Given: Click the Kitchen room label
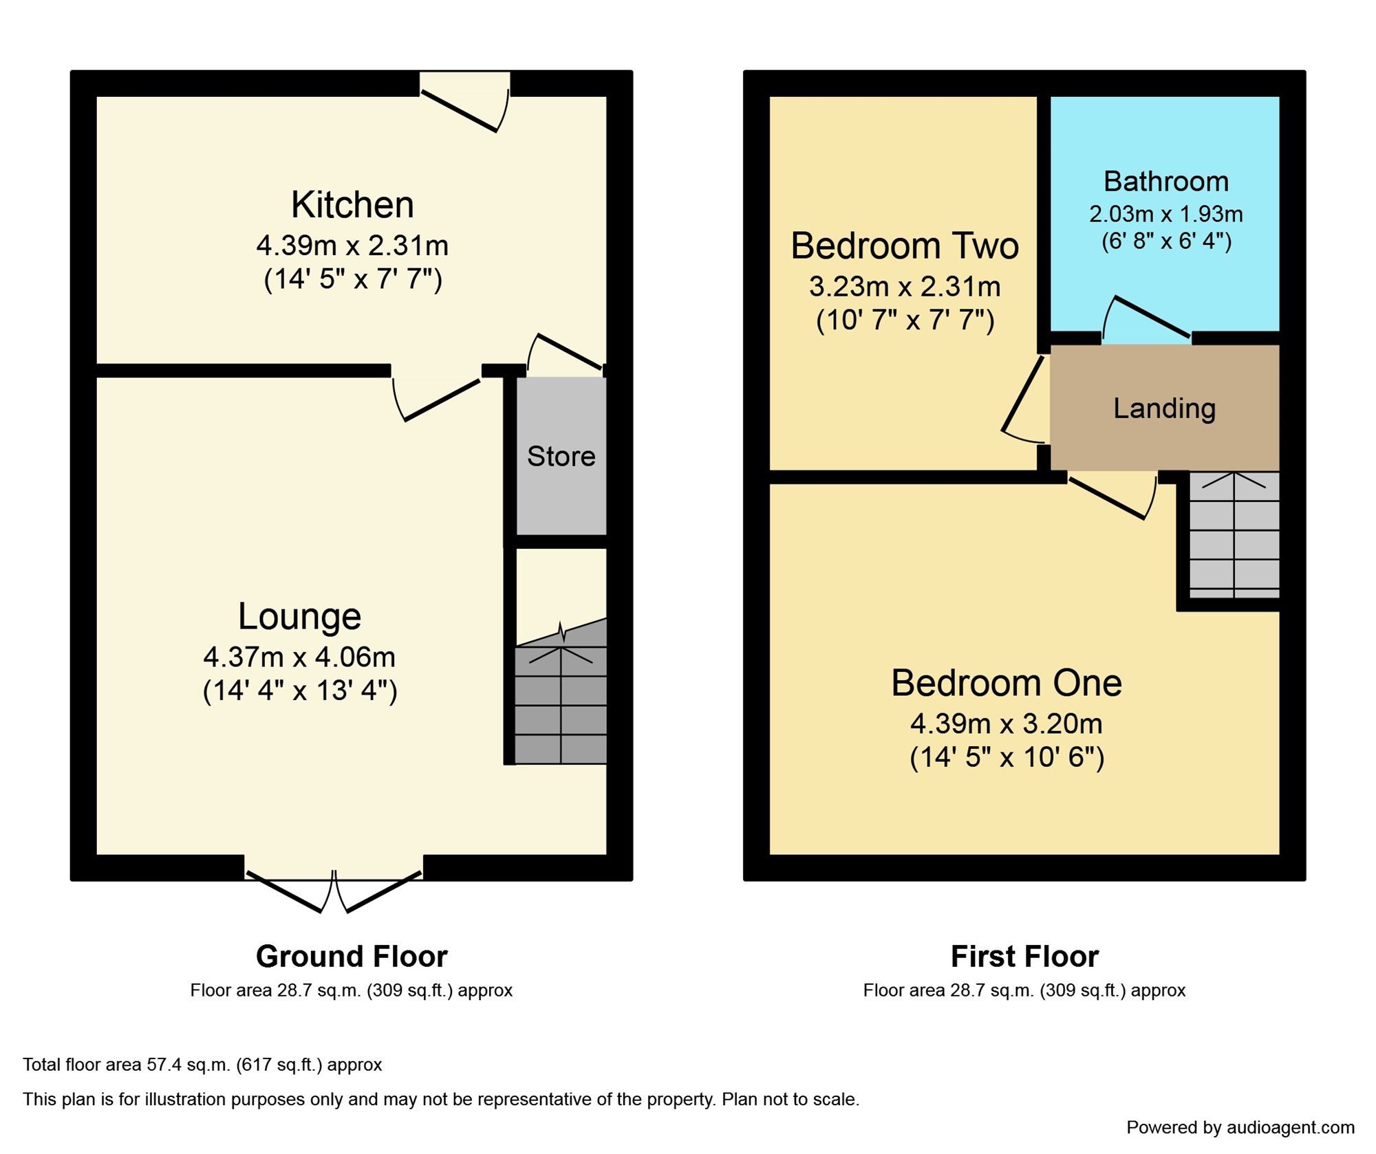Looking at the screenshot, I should [x=352, y=205].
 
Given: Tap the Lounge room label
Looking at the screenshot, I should [x=299, y=616].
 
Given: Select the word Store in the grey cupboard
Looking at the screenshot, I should [x=561, y=456].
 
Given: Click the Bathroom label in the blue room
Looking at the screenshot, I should [x=1165, y=182].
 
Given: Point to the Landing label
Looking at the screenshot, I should [x=1164, y=409].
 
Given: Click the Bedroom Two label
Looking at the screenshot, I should [x=904, y=246].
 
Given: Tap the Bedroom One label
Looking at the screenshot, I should [x=1006, y=683].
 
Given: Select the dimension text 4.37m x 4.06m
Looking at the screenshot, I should [x=299, y=657].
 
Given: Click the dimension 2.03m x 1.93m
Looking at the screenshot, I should [x=1165, y=215].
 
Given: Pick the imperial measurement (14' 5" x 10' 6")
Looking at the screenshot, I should [x=1007, y=757].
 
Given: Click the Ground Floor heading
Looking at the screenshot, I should [x=352, y=956].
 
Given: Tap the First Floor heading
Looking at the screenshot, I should [x=1024, y=956].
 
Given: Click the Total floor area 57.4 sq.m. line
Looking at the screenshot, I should [x=202, y=1065].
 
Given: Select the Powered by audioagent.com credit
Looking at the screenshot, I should [x=1240, y=1127].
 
